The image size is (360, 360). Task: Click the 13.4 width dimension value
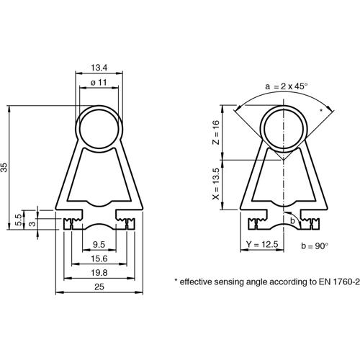click(101, 68)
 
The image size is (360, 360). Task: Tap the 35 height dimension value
click(6, 167)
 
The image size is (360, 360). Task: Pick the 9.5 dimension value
click(100, 244)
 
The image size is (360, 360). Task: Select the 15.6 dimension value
click(100, 258)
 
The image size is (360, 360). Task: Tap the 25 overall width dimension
click(100, 287)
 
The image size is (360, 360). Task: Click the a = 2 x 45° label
click(286, 86)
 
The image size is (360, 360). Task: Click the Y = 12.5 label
click(261, 245)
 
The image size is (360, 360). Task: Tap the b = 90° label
click(313, 246)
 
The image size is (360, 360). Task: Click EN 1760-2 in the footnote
click(333, 282)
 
